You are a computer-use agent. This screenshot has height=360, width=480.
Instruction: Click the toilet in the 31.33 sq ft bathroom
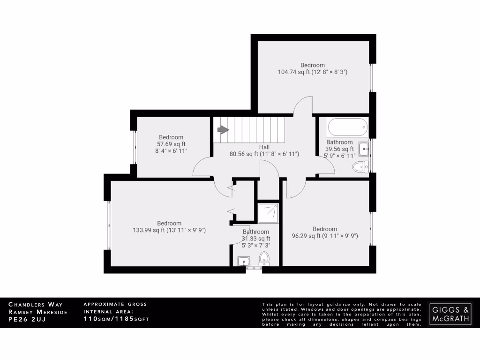[x=264, y=258]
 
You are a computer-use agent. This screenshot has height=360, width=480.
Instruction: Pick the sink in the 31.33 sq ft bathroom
[x=244, y=261]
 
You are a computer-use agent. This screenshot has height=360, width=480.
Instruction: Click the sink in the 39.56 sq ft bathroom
[x=364, y=149]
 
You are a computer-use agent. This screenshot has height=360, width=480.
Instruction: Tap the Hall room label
[x=264, y=147]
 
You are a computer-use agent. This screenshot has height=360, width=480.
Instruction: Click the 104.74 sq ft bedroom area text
[x=312, y=72]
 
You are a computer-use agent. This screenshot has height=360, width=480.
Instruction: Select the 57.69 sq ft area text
[x=171, y=144]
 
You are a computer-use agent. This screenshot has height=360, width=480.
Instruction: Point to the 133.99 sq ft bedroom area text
[x=169, y=230]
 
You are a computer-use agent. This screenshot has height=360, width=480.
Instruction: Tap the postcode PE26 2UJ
[x=26, y=320]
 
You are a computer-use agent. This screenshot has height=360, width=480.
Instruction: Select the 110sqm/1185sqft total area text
[x=116, y=320]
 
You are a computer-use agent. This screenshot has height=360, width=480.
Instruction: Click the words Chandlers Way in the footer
[x=35, y=305]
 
